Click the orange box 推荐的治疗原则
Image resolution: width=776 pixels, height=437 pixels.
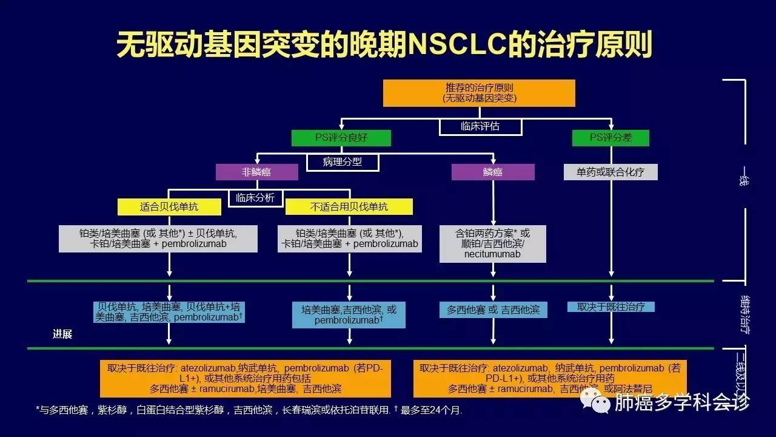[x=479, y=93]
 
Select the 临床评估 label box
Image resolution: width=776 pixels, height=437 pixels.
[x=480, y=126]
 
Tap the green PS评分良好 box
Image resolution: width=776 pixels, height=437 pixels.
[x=341, y=138]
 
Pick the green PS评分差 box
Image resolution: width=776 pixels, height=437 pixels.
[x=610, y=138]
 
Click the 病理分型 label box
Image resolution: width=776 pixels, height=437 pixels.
[x=343, y=162]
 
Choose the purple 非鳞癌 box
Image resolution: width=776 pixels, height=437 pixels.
[x=256, y=172]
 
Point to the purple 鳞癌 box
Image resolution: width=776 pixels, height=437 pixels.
[x=493, y=172]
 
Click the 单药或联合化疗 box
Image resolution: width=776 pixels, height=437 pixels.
[x=610, y=172]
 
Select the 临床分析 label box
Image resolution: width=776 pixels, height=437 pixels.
[x=255, y=197]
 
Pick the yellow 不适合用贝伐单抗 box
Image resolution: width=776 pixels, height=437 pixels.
[x=349, y=207]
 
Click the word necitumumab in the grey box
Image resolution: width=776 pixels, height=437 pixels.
[x=492, y=254]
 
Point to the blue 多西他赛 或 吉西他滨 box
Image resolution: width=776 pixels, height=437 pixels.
[x=493, y=310]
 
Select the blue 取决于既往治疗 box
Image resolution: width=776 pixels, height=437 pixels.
[x=610, y=307]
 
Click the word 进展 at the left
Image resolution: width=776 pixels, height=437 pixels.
[x=62, y=334]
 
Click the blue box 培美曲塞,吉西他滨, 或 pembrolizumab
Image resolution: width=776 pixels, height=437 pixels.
[x=349, y=314]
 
